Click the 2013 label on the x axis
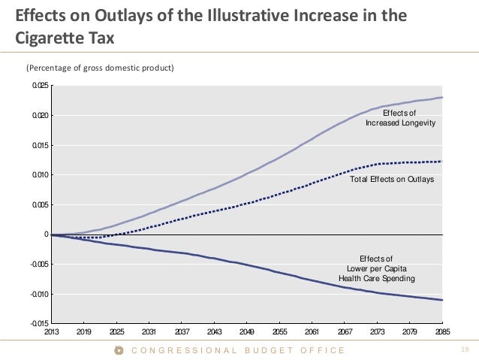[x=52, y=331]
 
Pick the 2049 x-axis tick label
[x=246, y=331]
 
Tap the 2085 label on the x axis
[x=441, y=331]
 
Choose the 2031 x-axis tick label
[x=149, y=331]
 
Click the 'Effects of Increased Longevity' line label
[x=400, y=117]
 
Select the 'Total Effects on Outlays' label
[x=392, y=180]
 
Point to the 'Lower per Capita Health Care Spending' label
[x=376, y=268]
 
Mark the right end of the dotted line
[x=442, y=161]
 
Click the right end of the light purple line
[x=442, y=98]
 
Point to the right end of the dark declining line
[x=442, y=300]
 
